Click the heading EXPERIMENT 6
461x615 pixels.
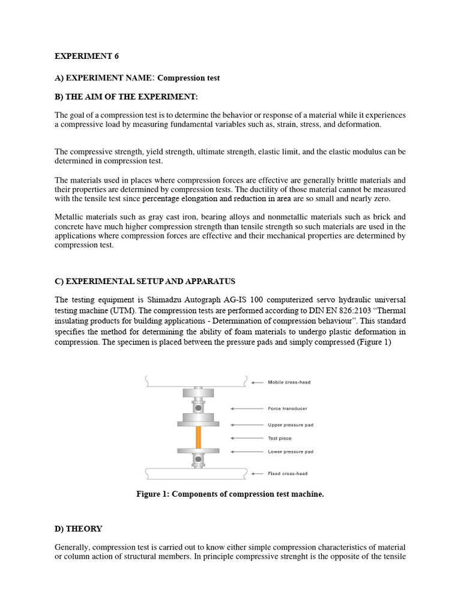coord(87,56)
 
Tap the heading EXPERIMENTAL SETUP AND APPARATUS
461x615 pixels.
coord(145,281)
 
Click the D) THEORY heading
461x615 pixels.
coord(79,529)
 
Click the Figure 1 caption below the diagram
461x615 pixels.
coord(230,494)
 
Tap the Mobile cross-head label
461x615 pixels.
coord(289,382)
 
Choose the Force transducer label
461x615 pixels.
coord(288,408)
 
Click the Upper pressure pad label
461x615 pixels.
coord(291,425)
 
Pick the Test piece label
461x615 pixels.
coord(280,438)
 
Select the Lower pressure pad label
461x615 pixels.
coord(291,451)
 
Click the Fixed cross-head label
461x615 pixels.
coord(288,473)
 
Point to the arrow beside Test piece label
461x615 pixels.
coord(251,438)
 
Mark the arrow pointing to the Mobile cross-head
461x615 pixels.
coord(257,382)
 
